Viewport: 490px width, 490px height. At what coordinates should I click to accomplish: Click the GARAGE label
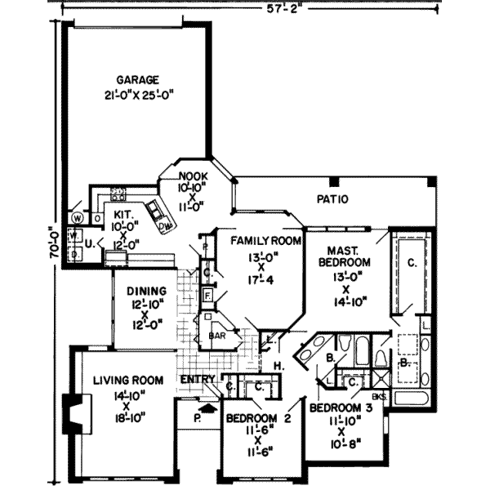click(136, 80)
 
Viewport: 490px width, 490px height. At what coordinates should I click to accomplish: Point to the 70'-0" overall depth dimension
click(53, 243)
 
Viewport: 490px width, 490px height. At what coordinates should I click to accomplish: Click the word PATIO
click(333, 198)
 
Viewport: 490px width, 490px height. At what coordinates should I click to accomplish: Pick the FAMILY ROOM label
click(265, 241)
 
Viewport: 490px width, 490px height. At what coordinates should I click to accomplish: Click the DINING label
click(147, 290)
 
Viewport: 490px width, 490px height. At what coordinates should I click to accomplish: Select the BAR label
click(217, 335)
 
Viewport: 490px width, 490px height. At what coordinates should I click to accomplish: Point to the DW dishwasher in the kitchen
click(165, 224)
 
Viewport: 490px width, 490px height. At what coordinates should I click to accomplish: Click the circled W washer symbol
click(76, 218)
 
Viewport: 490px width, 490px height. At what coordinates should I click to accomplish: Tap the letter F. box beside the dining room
click(208, 294)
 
